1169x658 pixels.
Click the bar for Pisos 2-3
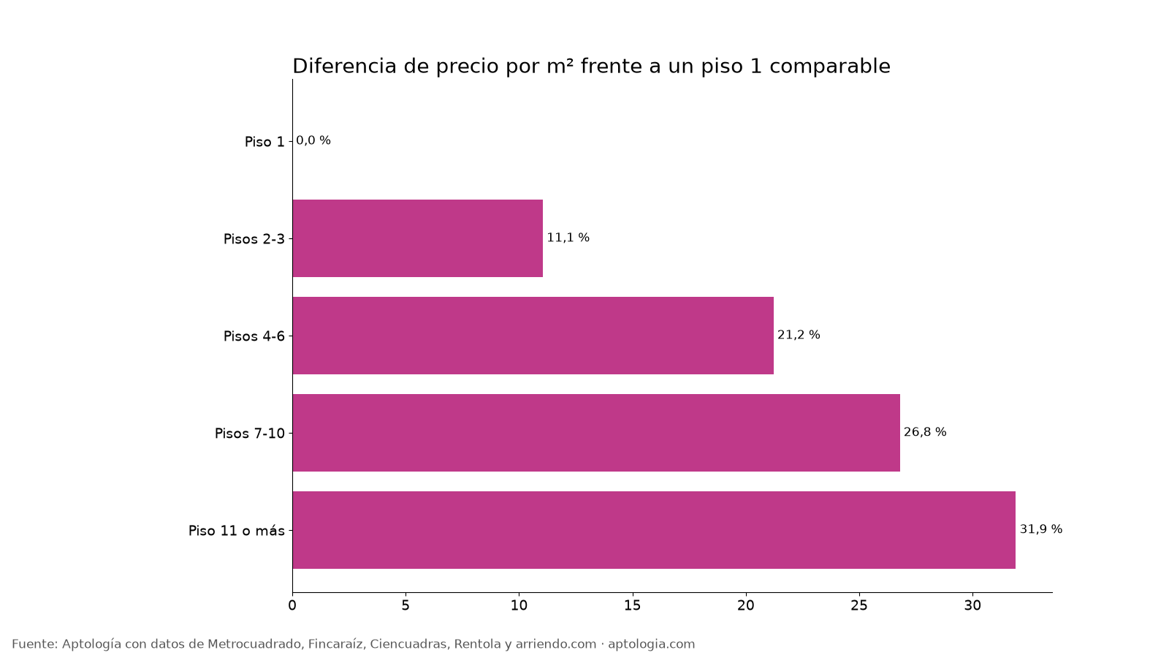(417, 238)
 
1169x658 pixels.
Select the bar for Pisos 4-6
(533, 336)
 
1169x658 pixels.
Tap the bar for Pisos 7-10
(596, 433)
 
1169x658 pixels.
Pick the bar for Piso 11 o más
(654, 530)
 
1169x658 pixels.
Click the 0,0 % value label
(313, 140)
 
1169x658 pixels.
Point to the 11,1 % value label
(568, 238)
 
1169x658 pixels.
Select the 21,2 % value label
(799, 335)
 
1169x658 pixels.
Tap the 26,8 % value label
(925, 432)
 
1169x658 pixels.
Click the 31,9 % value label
(1040, 529)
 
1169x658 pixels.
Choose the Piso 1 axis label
(264, 142)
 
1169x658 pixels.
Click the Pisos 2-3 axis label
(254, 239)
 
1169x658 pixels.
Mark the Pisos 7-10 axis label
(250, 434)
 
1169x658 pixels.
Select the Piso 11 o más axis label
(237, 531)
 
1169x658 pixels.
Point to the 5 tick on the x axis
(405, 606)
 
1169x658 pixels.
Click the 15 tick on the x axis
(633, 606)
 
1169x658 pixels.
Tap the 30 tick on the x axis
(972, 606)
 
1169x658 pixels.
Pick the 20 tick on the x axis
(746, 606)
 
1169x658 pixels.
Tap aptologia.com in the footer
(651, 644)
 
